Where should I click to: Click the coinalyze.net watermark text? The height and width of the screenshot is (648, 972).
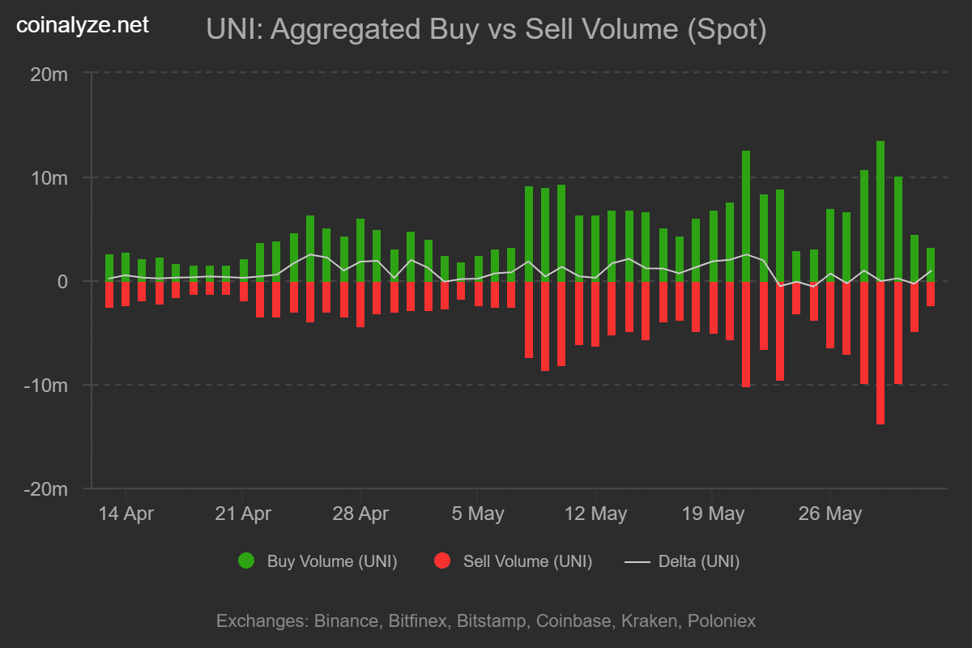pos(83,26)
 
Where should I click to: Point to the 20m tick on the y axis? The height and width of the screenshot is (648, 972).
pos(49,75)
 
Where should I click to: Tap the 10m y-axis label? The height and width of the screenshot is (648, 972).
pos(49,178)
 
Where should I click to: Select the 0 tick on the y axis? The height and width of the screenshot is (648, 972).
pos(62,282)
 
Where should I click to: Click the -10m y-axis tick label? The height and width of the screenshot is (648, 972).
pos(45,386)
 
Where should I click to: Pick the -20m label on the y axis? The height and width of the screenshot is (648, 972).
pos(45,489)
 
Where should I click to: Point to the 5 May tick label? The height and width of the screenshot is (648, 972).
pos(477,514)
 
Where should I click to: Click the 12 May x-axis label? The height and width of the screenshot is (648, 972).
pos(595,514)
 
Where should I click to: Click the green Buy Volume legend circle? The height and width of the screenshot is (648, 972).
pos(246,561)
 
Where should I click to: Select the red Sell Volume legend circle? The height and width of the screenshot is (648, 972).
pos(442,561)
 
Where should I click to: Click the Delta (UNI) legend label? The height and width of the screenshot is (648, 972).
pos(698,561)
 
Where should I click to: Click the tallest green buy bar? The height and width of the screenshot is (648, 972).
pos(880,211)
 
